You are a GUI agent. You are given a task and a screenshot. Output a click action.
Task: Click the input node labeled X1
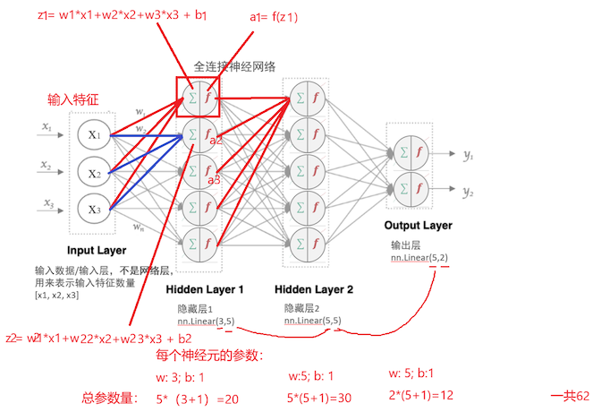coord(94,135)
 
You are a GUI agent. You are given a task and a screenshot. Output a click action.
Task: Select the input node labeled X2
coord(94,171)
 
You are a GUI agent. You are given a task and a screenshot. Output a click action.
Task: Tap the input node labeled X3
coord(94,209)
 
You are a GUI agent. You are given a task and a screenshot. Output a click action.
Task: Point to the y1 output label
coord(468,156)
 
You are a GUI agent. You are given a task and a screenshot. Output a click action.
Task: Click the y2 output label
coord(468,192)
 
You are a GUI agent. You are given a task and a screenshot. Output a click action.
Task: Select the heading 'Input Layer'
coord(97,250)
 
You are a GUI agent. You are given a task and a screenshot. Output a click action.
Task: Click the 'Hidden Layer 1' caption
coord(205,290)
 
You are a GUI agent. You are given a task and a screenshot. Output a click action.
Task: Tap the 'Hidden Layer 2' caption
coord(314,290)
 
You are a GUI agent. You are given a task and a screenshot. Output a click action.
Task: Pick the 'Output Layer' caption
coord(419,226)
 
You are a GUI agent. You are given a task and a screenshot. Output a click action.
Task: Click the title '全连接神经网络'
coord(234,66)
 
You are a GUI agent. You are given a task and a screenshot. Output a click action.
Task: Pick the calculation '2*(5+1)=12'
coord(421,395)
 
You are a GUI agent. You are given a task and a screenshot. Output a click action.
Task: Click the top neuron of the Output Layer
coord(411,152)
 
